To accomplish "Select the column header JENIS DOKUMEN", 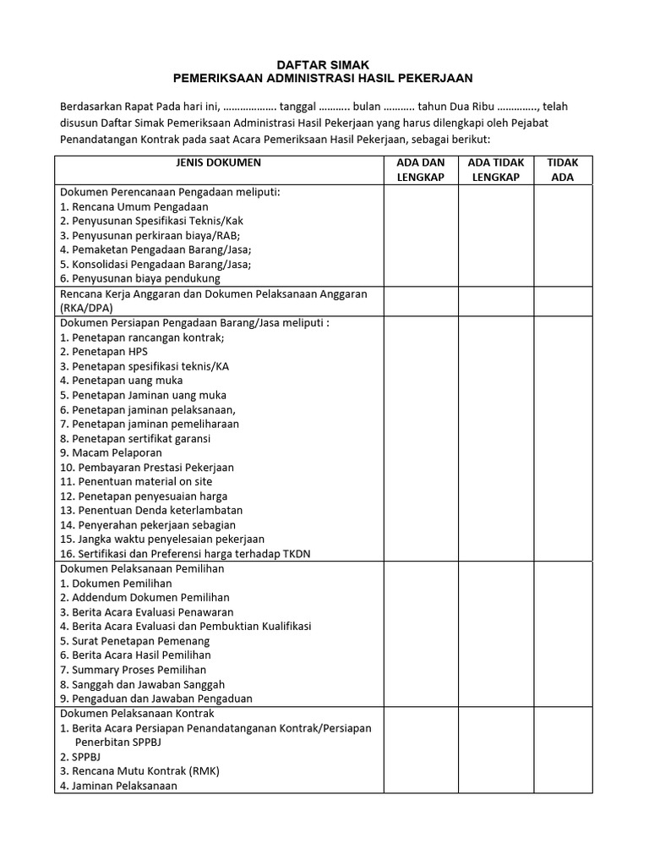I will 219,162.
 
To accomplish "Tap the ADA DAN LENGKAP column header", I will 421,170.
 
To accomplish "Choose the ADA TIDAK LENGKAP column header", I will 495,170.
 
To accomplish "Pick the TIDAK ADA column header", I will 562,170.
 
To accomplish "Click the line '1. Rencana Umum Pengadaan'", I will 134,206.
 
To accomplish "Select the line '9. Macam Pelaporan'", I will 116,452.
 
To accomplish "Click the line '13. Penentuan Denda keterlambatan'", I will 151,510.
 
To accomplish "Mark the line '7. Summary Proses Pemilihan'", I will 133,670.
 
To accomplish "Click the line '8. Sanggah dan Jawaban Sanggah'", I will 142,684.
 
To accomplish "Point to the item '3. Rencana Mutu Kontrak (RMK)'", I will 139,771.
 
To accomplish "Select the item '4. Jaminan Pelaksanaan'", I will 119,786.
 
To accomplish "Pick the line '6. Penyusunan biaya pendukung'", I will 140,278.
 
